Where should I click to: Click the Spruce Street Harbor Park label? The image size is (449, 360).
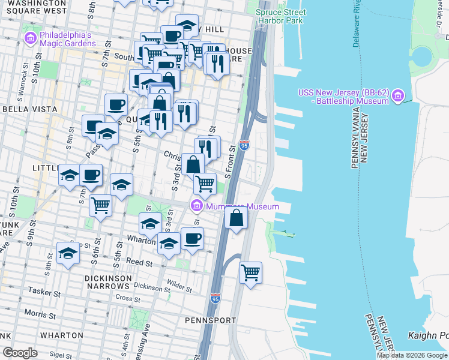coord(281,16)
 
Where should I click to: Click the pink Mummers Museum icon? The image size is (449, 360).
coord(196,206)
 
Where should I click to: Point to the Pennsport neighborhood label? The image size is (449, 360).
coord(210,320)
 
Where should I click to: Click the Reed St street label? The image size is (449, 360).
coord(139,262)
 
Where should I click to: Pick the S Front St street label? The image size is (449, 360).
coord(228,157)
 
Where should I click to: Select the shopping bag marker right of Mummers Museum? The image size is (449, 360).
coord(237,217)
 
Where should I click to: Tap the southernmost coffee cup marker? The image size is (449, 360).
coord(192,238)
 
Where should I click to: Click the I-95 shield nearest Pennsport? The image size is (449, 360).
coord(215,298)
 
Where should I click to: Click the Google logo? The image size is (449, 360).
coord(20,352)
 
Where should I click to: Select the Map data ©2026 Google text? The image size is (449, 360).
coord(412,355)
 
